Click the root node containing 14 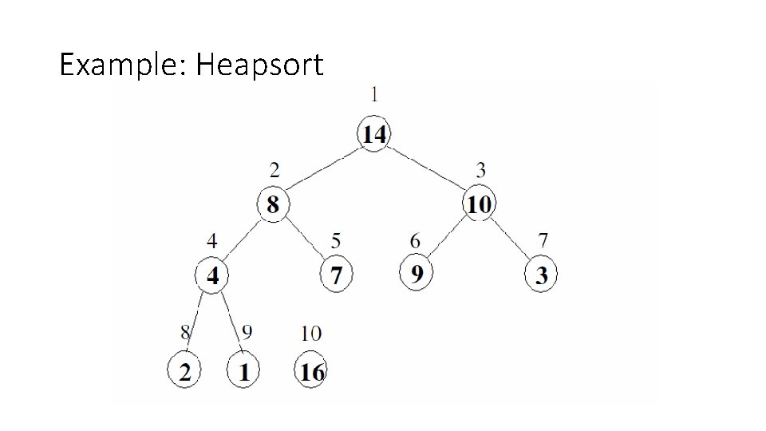click(x=374, y=134)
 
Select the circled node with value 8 click(x=273, y=205)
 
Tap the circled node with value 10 click(x=478, y=205)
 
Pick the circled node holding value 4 click(x=212, y=276)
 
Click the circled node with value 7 click(x=336, y=276)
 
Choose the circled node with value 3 click(x=541, y=276)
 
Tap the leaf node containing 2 click(x=184, y=371)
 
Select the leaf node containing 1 click(x=244, y=371)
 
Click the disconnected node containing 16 click(x=311, y=371)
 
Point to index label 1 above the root click(x=375, y=94)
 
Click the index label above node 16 click(x=311, y=333)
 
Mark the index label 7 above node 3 click(x=543, y=240)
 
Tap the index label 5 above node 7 click(x=336, y=240)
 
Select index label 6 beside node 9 click(x=415, y=240)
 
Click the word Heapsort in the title click(x=260, y=64)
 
